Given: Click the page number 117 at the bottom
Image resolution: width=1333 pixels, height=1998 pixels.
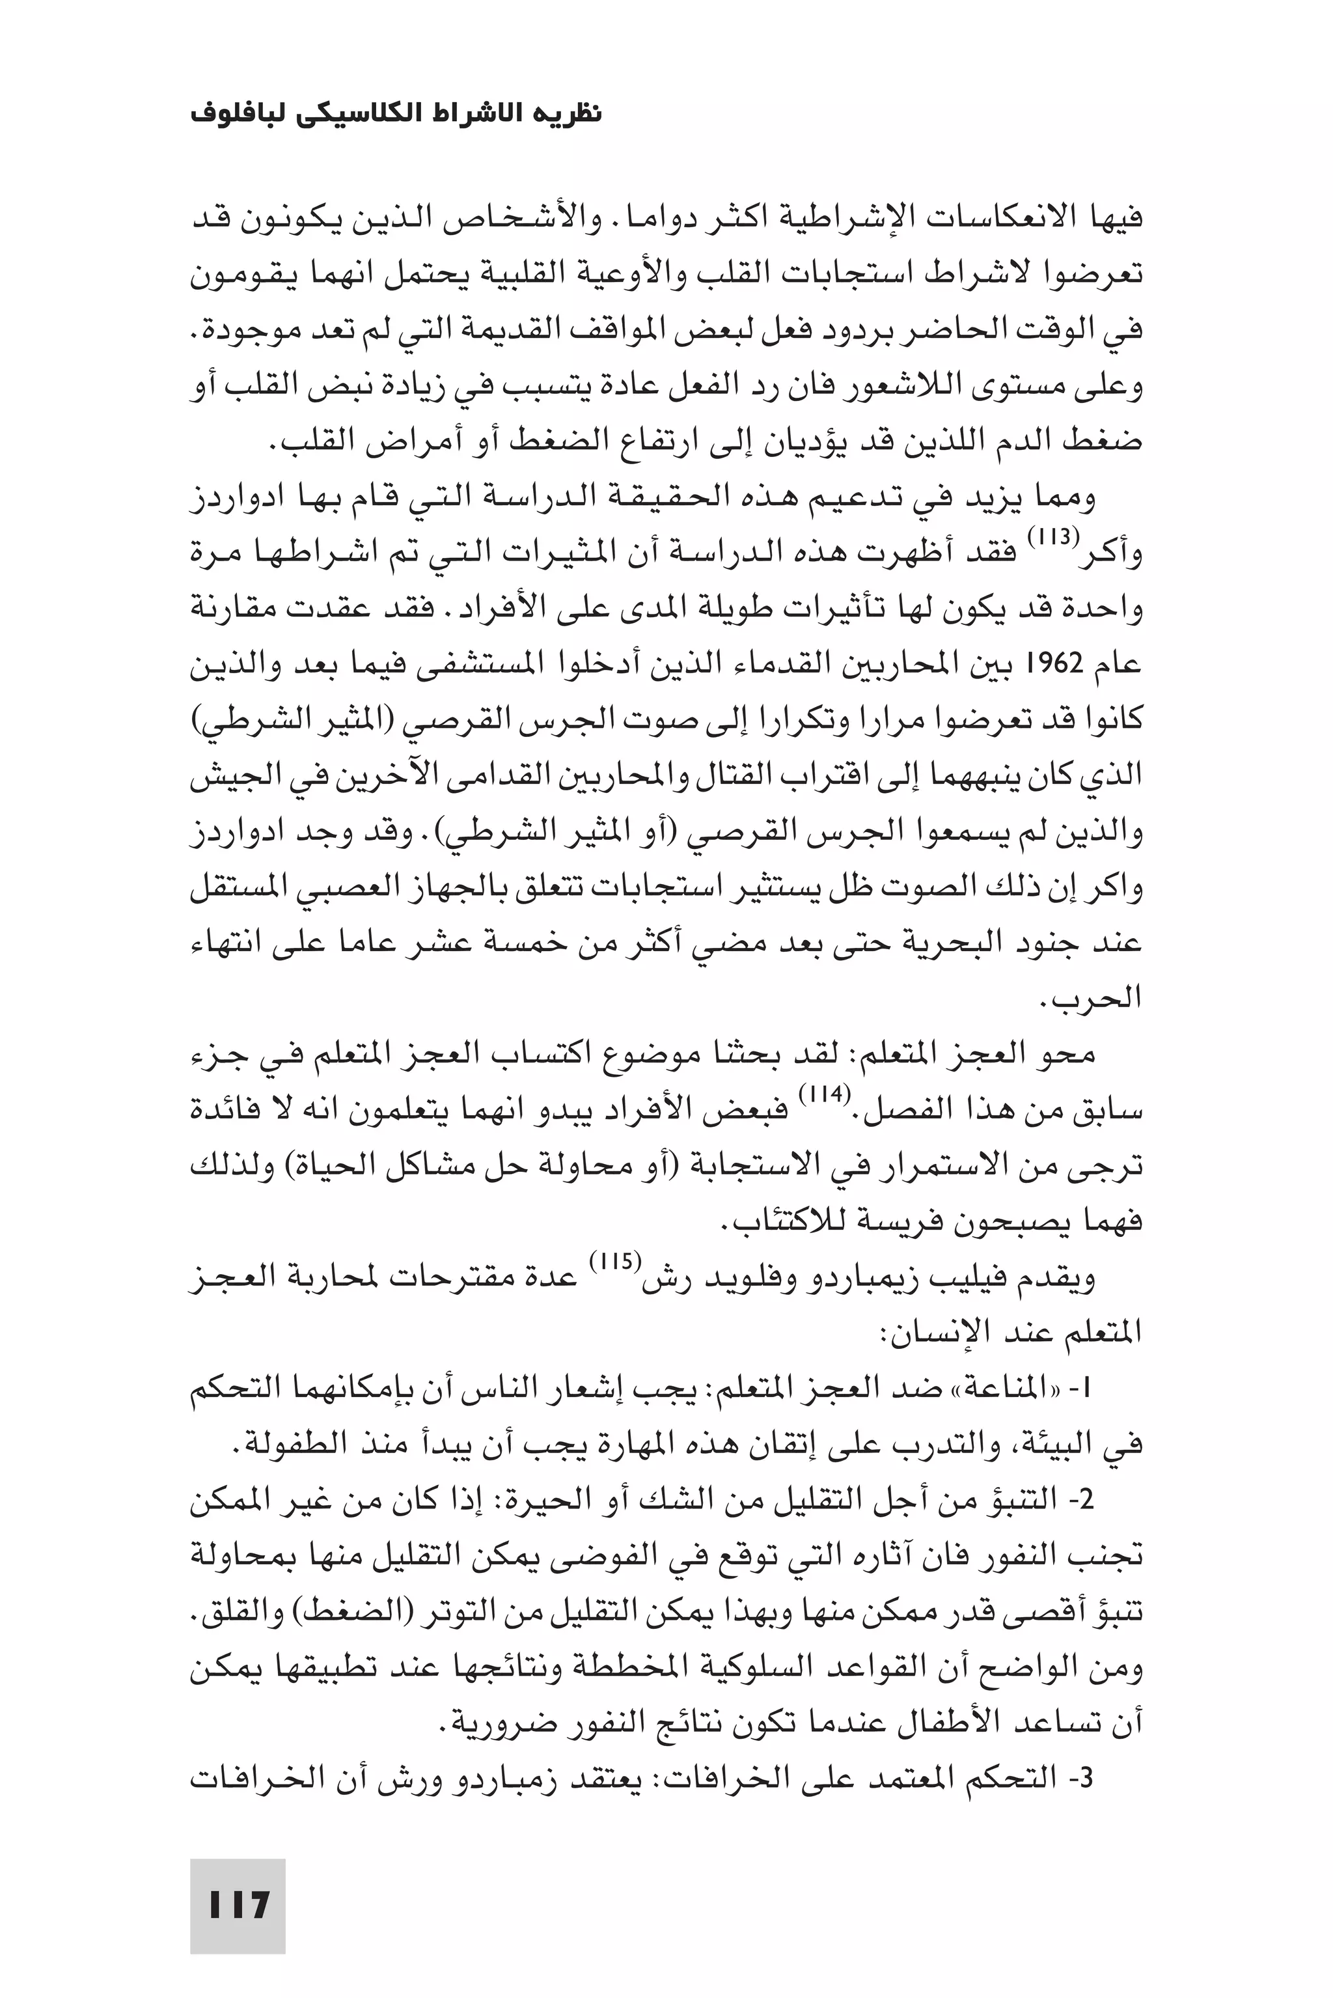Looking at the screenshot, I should (239, 1881).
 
